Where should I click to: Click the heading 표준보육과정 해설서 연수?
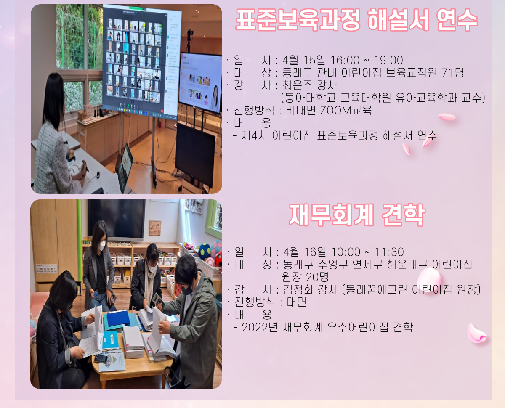(x=356, y=20)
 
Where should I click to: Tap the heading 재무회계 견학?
(x=357, y=215)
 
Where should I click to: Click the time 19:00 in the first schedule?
(x=388, y=60)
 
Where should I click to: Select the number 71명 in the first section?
(x=452, y=72)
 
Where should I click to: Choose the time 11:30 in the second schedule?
(x=389, y=252)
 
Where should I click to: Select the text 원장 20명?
(x=306, y=277)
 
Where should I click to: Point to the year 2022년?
(x=260, y=327)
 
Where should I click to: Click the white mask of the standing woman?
(x=102, y=246)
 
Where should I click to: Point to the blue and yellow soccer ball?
(x=204, y=252)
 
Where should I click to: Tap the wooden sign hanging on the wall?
(x=155, y=228)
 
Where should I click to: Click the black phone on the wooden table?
(x=101, y=358)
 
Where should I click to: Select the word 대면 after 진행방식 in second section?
(x=297, y=302)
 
